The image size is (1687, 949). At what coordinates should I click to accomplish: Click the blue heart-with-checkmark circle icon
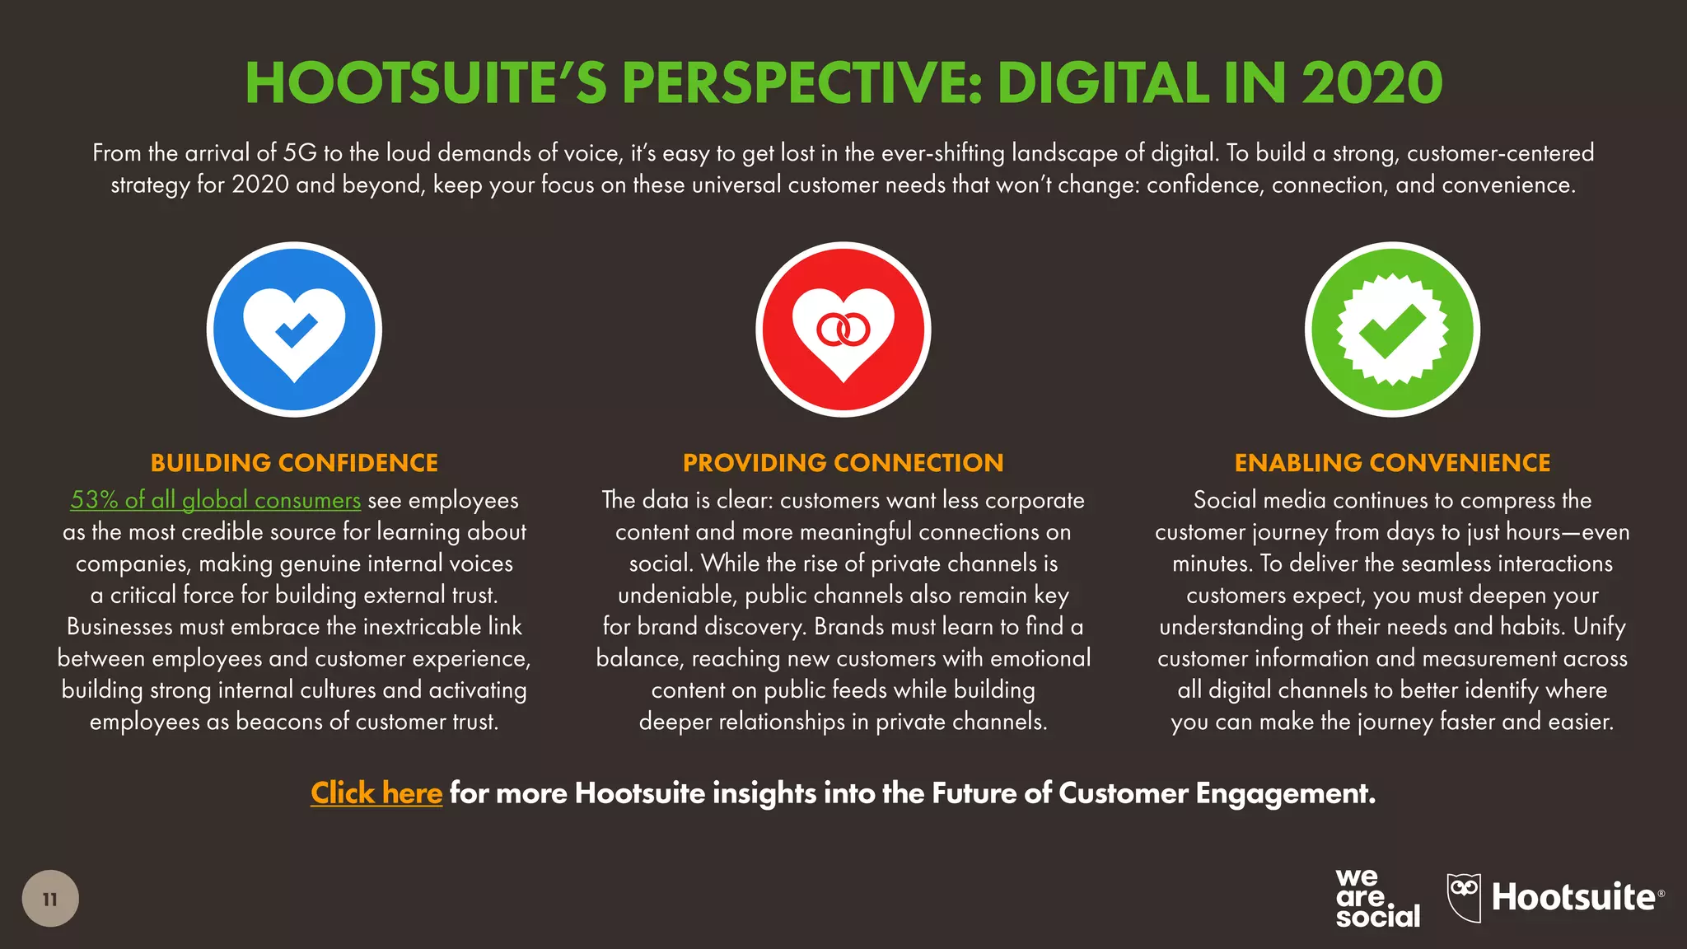[294, 330]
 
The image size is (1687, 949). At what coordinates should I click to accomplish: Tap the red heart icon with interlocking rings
[843, 330]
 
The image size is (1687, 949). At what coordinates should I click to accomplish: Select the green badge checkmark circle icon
[1392, 330]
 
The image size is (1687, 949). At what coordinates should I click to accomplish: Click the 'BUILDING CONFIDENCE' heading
[294, 463]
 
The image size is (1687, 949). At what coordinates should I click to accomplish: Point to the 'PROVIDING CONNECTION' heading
[843, 463]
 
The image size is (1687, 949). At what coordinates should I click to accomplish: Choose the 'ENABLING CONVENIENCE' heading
[1392, 463]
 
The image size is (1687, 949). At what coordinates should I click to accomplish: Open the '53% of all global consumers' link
[216, 500]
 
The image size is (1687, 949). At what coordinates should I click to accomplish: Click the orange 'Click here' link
[376, 792]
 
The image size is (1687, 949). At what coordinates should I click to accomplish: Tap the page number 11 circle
[50, 899]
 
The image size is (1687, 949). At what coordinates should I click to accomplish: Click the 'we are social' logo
[1377, 899]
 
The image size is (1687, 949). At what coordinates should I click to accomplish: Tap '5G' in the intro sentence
[300, 153]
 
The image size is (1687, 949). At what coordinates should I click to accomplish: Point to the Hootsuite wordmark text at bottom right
[1573, 897]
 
